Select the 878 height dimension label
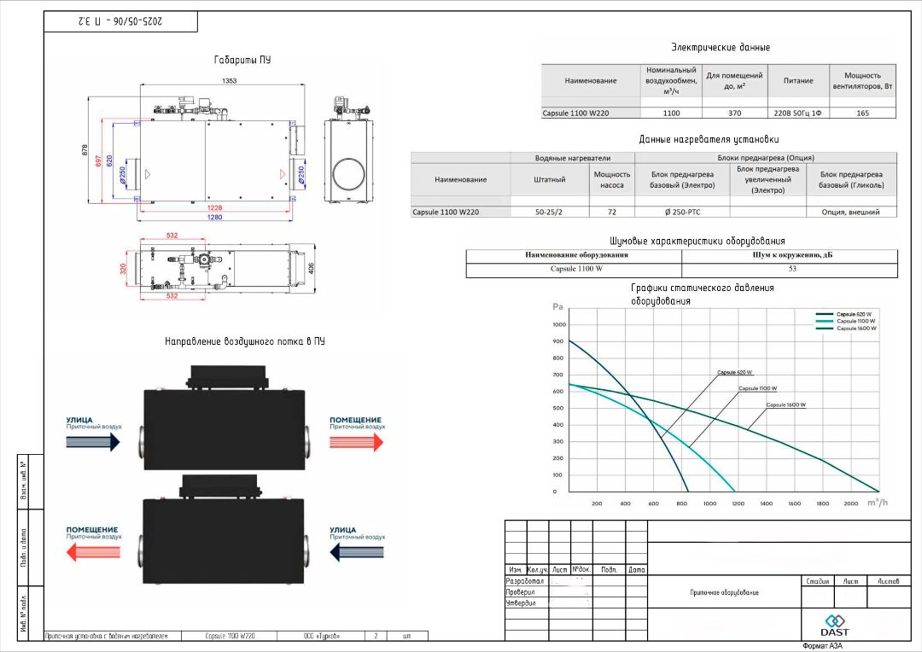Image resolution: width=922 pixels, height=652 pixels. [x=85, y=150]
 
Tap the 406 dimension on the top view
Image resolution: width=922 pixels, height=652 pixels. [x=312, y=269]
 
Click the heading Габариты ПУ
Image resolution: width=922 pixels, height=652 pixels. [x=242, y=61]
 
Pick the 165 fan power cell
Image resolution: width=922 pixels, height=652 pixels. [x=862, y=113]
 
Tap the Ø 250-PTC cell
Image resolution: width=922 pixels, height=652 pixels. [x=682, y=212]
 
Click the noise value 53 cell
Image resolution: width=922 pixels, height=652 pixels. [x=792, y=269]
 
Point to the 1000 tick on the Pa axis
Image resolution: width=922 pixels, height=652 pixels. [x=560, y=324]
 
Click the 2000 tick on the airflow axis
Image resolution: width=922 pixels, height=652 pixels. [x=850, y=504]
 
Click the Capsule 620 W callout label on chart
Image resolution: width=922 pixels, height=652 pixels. [x=734, y=373]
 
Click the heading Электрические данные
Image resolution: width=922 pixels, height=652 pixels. [x=721, y=48]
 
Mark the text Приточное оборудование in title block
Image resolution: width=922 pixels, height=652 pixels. [x=724, y=592]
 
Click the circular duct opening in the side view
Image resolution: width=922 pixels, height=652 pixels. [x=350, y=174]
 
